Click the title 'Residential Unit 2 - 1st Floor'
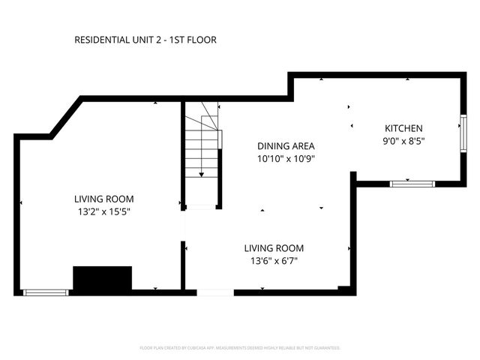point(145,40)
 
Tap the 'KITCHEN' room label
point(403,128)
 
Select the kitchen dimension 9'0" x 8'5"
point(403,141)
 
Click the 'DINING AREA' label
point(286,146)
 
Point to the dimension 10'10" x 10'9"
point(286,159)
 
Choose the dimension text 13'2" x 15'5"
point(103,211)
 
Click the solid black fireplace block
point(103,278)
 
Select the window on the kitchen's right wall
point(463,132)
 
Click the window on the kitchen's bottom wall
point(412,183)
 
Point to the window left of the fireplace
point(46,292)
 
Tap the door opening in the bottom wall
point(215,292)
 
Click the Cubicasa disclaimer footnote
point(240,348)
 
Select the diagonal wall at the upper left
point(66,117)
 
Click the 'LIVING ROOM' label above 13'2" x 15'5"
point(103,199)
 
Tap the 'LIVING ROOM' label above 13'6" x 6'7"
point(274,247)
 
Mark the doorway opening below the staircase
point(201,207)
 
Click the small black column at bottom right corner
point(343,289)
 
